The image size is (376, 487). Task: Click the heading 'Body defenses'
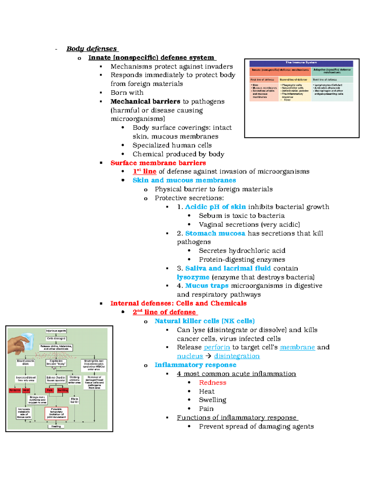(91, 49)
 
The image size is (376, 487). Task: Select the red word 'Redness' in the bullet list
(212, 383)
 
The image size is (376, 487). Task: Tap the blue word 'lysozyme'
(193, 277)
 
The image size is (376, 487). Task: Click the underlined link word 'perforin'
(217, 347)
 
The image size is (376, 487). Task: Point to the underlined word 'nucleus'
(190, 356)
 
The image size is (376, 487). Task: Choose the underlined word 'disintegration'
(237, 356)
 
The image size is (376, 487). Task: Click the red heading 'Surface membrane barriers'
(158, 163)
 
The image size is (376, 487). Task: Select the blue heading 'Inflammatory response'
(195, 365)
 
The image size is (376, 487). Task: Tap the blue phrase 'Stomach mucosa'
(215, 233)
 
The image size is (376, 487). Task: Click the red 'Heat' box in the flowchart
(26, 390)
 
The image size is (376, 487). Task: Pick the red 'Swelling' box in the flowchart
(62, 390)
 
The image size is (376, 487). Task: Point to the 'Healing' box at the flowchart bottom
(56, 426)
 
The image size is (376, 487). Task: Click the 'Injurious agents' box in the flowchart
(56, 331)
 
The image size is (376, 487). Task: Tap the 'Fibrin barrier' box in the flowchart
(74, 400)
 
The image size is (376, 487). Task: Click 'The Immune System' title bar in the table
(301, 63)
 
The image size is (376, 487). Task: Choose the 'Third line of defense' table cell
(332, 80)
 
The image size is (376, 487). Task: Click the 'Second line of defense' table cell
(295, 80)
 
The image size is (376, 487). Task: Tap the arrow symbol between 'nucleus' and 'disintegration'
(208, 356)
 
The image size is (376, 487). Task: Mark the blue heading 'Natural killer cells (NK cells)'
(204, 321)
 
